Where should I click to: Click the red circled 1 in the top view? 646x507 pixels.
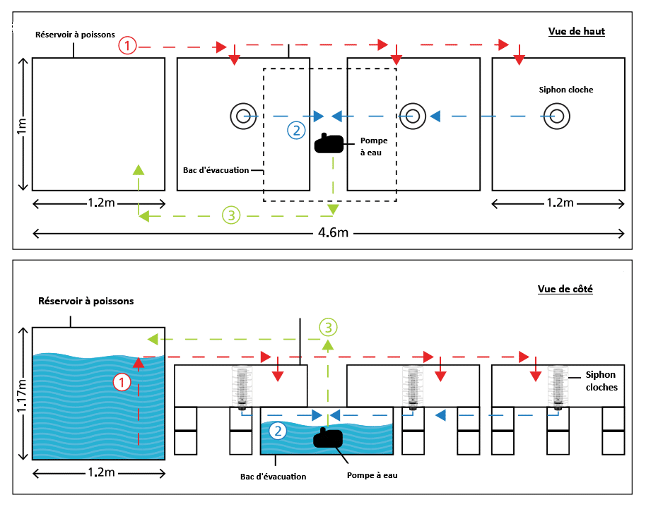127,46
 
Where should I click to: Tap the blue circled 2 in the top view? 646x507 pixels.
297,129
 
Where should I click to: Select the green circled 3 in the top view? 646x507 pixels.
231,215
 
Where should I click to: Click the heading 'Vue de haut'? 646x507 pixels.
576,31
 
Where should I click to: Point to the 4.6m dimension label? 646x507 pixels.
328,232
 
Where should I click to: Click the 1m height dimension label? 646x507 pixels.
21,124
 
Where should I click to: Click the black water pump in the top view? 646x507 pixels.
329,143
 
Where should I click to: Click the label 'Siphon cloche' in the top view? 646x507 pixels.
565,90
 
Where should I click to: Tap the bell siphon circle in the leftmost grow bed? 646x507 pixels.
243,115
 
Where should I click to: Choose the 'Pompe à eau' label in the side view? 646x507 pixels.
372,475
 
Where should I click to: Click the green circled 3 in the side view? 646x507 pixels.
327,327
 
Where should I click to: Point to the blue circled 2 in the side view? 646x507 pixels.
278,430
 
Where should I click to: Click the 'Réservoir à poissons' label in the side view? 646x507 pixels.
86,301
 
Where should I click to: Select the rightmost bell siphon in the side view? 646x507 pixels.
558,387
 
